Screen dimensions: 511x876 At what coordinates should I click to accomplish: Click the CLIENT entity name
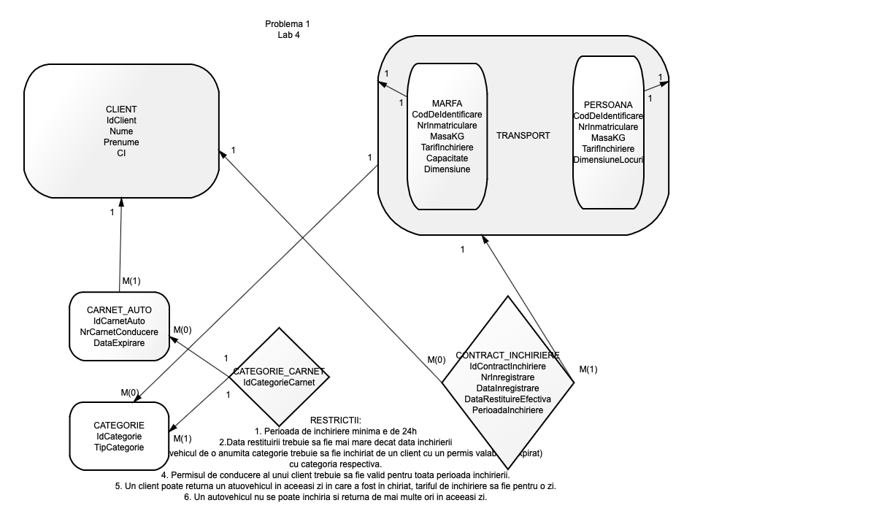pos(121,109)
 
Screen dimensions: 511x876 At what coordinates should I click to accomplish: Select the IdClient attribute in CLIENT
pos(121,120)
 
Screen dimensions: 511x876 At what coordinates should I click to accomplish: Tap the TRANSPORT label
pos(523,136)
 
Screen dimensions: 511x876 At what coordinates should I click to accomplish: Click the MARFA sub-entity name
pos(447,103)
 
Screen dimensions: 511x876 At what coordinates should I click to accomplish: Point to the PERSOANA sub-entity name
pos(608,105)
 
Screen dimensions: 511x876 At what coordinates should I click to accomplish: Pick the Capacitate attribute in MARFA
pos(447,158)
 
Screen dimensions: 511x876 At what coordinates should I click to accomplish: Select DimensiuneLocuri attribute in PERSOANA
pos(608,159)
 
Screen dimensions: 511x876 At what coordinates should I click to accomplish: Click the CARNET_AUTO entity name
pos(119,310)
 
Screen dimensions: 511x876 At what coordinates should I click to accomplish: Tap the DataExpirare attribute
pos(119,343)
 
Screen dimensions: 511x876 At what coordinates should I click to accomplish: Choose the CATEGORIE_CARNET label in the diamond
pos(279,372)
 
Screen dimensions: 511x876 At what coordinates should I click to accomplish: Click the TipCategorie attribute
pos(119,447)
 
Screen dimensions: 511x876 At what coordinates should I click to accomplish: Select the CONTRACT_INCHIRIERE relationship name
pos(507,356)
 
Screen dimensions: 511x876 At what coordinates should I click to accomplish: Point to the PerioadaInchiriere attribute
pos(507,410)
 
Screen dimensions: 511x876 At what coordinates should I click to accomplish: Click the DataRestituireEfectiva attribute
pos(507,399)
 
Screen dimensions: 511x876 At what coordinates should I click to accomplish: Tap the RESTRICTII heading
pos(336,420)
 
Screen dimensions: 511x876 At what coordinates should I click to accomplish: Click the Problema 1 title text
pos(288,24)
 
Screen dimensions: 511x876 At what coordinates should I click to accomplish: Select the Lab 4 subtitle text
pos(288,35)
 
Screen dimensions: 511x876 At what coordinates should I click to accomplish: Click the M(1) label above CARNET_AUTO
pos(131,280)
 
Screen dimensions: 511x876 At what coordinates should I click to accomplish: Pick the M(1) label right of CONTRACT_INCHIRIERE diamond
pos(588,369)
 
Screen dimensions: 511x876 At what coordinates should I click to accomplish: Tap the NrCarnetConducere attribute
pos(119,332)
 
